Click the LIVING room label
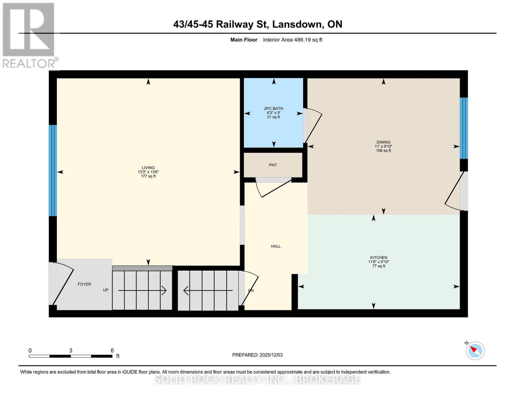pos(148,168)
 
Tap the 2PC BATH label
pos(274,108)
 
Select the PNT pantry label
pos(273,165)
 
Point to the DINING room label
pos(383,142)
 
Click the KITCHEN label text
pos(379,258)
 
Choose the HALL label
pos(276,246)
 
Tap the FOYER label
pos(84,284)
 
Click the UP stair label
pos(106,290)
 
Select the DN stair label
pos(251,291)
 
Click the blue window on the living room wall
pos(53,170)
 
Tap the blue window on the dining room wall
pos(464,128)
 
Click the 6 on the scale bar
pos(112,351)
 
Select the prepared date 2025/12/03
pos(271,355)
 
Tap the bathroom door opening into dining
pos(313,125)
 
